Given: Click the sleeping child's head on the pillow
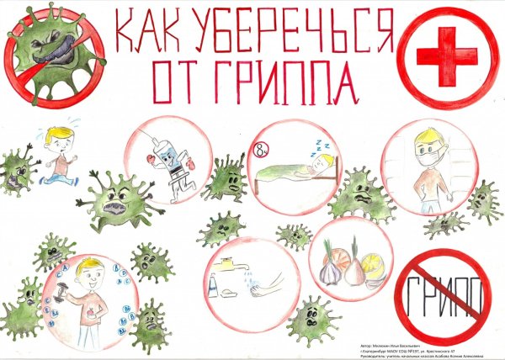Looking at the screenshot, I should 318,165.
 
